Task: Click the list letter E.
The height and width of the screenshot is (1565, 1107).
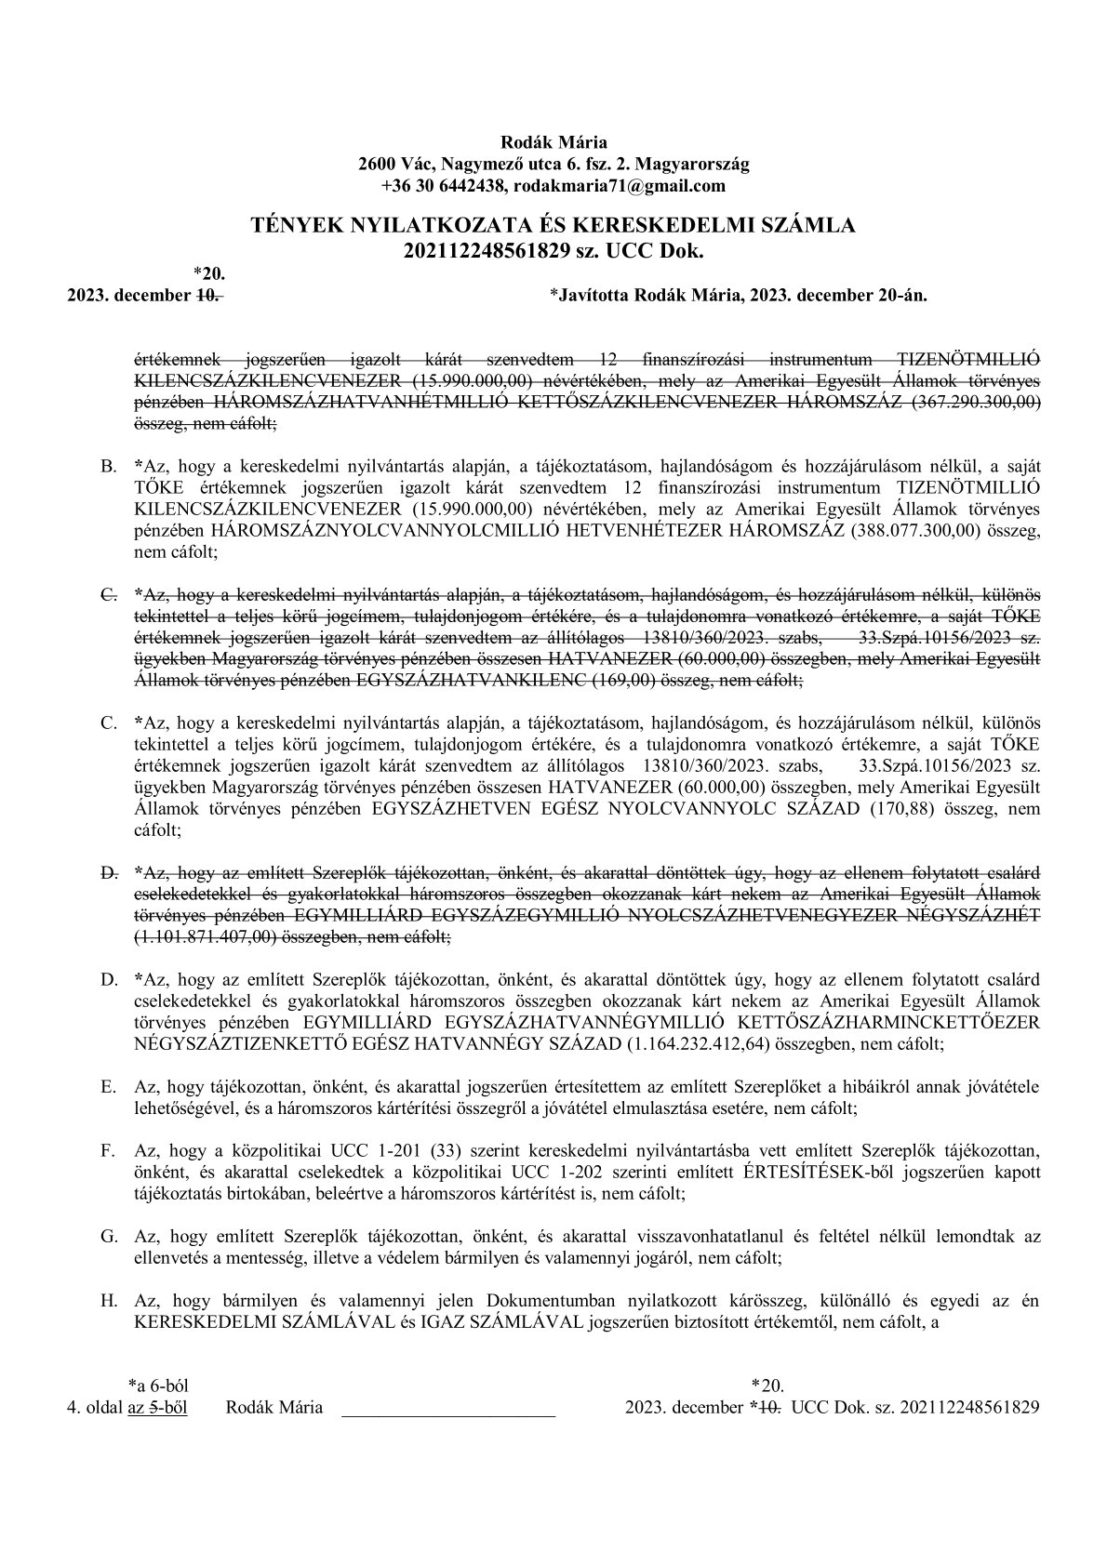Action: [108, 1086]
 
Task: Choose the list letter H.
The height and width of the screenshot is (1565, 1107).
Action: [108, 1300]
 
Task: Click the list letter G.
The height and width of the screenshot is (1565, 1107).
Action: [108, 1236]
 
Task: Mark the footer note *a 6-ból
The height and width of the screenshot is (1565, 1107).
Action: [157, 1386]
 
